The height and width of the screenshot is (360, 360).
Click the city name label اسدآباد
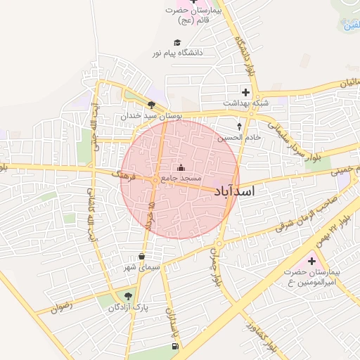(234, 191)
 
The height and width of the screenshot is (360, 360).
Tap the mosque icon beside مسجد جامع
(181, 167)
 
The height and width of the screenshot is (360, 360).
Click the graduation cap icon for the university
(176, 42)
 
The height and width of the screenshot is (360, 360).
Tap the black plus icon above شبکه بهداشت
(245, 91)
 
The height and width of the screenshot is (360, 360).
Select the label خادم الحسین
(239, 137)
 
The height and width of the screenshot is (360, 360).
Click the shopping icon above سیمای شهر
(143, 256)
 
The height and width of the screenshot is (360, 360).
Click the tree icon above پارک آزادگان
(127, 296)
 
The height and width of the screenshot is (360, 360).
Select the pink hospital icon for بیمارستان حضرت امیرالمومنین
(311, 261)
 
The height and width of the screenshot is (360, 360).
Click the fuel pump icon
(174, 346)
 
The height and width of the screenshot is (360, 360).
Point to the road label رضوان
(62, 306)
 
